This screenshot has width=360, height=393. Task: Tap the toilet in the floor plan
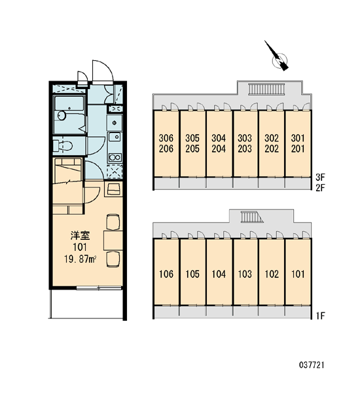(x=63, y=145)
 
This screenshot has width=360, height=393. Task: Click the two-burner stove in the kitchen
(x=115, y=157)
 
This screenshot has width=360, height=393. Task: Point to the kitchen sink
(x=115, y=137)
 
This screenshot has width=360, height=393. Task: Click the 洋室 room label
(x=80, y=235)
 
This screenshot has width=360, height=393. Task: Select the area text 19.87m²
(x=81, y=259)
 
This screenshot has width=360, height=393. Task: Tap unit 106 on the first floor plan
(x=166, y=274)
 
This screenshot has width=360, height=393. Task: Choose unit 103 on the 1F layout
(x=245, y=274)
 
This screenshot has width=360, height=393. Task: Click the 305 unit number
(x=192, y=138)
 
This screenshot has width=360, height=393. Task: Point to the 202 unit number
(x=272, y=149)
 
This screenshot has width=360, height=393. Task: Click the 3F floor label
(x=320, y=178)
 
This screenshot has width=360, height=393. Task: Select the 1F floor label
(x=320, y=316)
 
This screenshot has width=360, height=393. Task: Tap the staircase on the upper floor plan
(x=267, y=89)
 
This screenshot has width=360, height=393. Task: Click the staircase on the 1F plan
(x=251, y=217)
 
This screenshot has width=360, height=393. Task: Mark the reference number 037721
(x=312, y=365)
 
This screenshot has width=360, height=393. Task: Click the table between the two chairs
(x=113, y=240)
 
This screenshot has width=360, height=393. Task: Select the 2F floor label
(x=320, y=187)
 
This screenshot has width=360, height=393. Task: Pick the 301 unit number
(x=298, y=138)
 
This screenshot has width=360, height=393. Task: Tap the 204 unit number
(x=219, y=149)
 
